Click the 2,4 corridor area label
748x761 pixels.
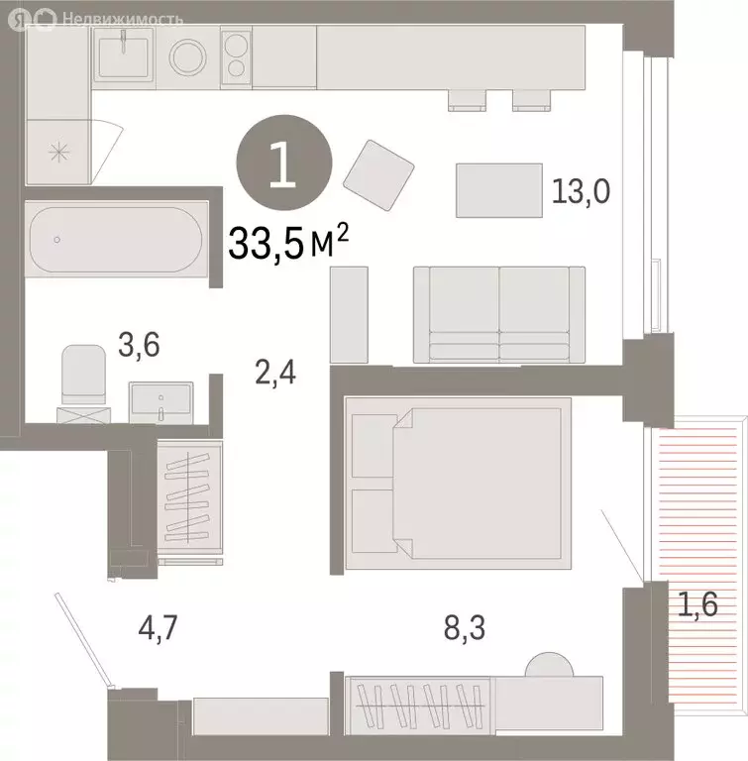coord(275,374)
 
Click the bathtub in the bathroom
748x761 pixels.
coord(117,239)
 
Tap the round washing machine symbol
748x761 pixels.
coord(185,56)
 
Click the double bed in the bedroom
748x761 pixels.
coord(458,477)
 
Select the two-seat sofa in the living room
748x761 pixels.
coord(498,314)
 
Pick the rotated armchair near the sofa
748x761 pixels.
coord(378,173)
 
